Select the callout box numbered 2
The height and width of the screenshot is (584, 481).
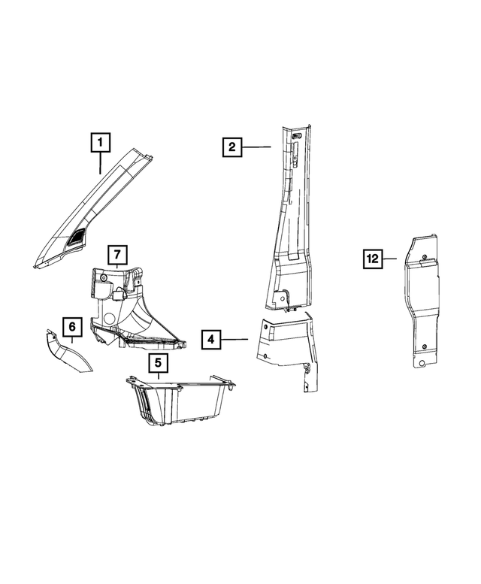(x=232, y=147)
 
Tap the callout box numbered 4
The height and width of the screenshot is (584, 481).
(x=211, y=340)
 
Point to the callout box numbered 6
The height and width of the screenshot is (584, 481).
(x=71, y=327)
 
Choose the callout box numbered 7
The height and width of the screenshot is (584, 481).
(x=118, y=255)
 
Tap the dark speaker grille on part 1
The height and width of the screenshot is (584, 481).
(x=76, y=238)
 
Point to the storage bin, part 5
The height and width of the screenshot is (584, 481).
(x=180, y=402)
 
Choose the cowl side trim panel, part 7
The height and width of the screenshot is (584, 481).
(x=128, y=308)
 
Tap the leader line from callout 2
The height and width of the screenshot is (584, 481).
(x=256, y=147)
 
